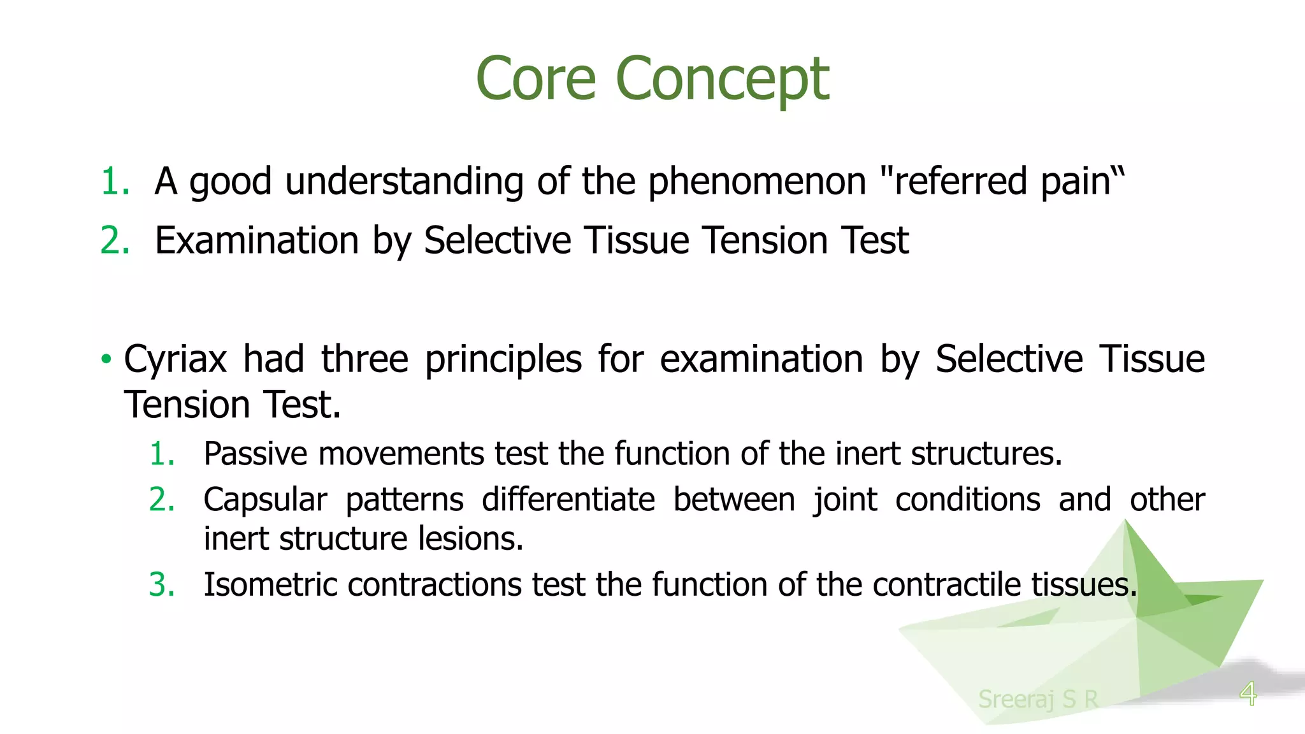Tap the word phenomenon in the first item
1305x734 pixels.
click(756, 182)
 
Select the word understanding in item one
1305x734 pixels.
click(404, 182)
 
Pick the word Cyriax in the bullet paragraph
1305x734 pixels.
click(175, 359)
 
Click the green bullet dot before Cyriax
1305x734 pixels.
click(106, 359)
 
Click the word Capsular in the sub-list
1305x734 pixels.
click(264, 500)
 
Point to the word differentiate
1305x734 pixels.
click(568, 499)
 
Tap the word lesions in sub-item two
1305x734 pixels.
click(470, 539)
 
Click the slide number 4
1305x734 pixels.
click(1248, 693)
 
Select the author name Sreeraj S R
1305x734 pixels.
click(1038, 699)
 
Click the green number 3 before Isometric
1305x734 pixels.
click(161, 584)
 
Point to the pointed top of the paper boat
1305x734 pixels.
click(1126, 522)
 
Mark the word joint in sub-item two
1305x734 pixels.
click(845, 500)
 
